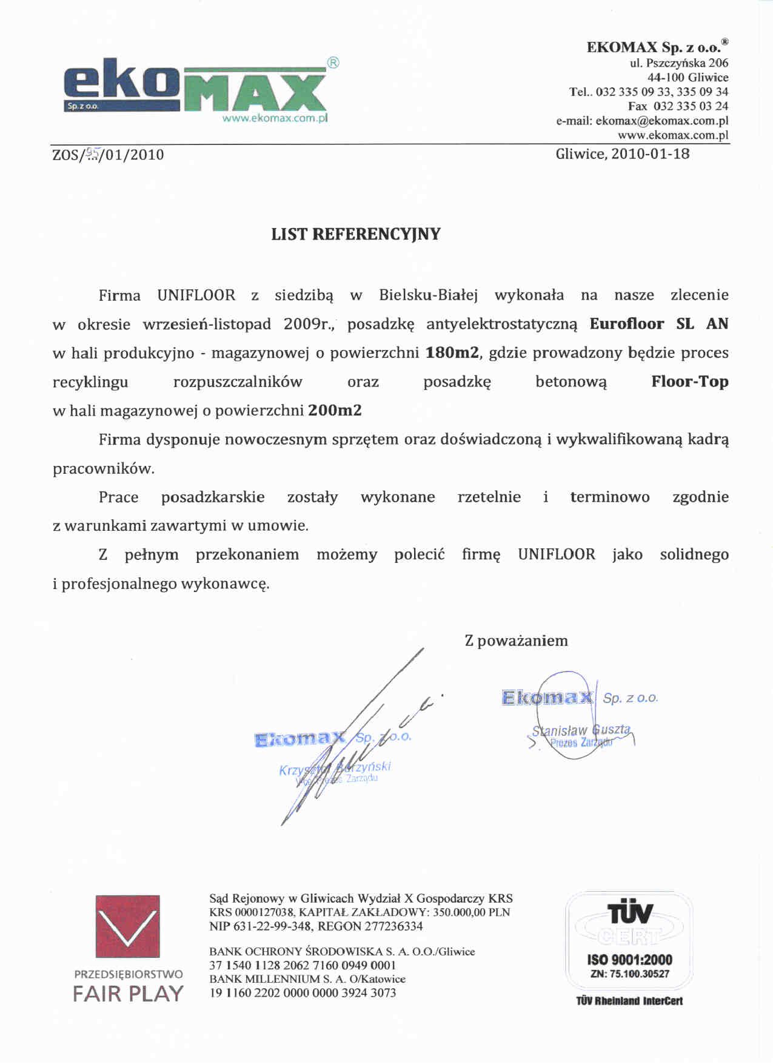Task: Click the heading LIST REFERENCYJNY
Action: pos(356,234)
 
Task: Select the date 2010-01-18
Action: pos(650,153)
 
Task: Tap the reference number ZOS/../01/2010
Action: pos(108,155)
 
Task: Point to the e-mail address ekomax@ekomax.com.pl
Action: pos(661,121)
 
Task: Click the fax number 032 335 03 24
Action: pos(691,106)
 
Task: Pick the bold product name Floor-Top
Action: pos(689,382)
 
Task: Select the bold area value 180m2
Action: pos(452,352)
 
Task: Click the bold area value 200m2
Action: pos(335,411)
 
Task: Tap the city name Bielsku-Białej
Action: pos(428,295)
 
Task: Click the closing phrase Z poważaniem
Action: pos(516,641)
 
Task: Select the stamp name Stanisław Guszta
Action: pos(581,730)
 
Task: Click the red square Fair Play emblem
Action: pos(127,926)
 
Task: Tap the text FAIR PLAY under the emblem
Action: pos(128,994)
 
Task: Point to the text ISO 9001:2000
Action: pos(629,960)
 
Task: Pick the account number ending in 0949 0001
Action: pos(303,965)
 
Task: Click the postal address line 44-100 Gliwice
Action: pos(688,77)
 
